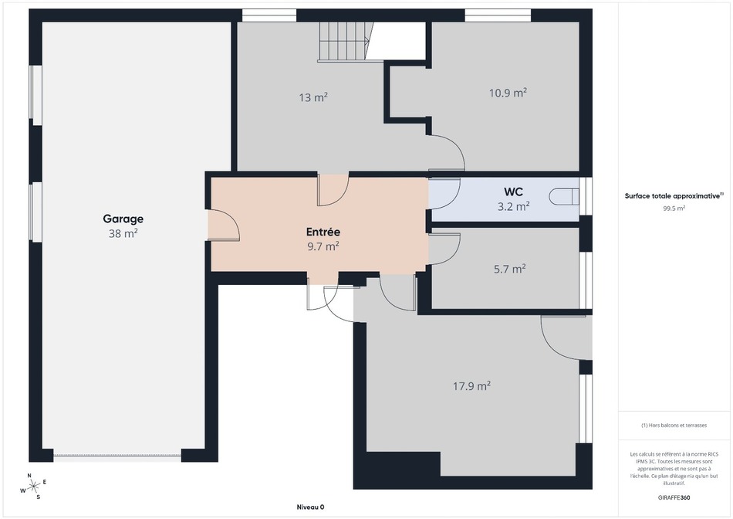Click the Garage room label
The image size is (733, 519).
(x=123, y=219)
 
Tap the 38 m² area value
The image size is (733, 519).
(x=123, y=233)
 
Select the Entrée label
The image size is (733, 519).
(x=323, y=232)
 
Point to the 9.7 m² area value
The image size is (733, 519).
(x=323, y=246)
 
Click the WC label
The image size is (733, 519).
(x=513, y=192)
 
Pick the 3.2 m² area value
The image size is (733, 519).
(x=513, y=206)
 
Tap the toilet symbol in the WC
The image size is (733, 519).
(x=564, y=196)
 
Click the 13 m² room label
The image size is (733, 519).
(x=313, y=97)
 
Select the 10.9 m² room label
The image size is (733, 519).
(x=508, y=93)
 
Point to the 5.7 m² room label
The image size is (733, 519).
(x=509, y=269)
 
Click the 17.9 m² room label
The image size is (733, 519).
(x=471, y=386)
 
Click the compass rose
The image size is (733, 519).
(x=32, y=487)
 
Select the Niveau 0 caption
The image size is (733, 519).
(x=310, y=507)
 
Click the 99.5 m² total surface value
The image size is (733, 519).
(x=674, y=209)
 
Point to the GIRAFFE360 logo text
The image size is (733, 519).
(x=674, y=498)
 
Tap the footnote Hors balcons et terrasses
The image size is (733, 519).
(x=674, y=426)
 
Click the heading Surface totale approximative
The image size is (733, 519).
(x=674, y=196)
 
